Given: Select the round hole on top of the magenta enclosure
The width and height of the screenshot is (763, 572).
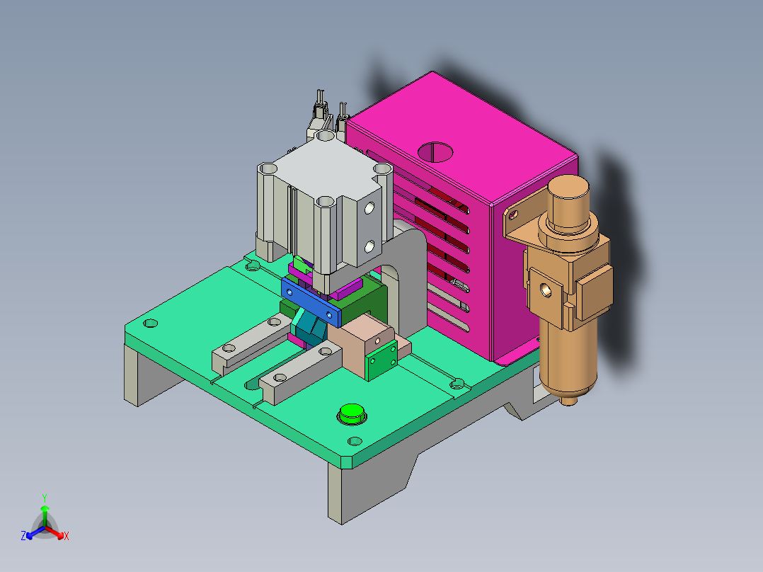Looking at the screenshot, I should pos(436,151).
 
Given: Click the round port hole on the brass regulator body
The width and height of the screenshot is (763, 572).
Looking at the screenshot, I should pos(546,289).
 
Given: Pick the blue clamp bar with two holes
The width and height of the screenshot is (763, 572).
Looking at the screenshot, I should pos(310,299).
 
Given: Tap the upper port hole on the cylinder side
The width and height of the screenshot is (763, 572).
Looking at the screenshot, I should pos(369,209).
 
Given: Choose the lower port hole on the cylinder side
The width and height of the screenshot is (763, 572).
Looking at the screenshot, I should pos(369,246).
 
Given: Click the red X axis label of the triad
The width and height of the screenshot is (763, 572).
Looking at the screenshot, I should pos(66,537).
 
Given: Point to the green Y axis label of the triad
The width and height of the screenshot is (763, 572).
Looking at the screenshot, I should pos(44,498).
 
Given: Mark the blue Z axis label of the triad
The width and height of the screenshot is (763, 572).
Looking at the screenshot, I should pos(23,537).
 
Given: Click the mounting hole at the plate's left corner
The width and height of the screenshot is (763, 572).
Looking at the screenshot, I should pos(149,323).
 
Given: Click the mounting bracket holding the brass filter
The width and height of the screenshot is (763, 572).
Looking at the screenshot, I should pos(516,223).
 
